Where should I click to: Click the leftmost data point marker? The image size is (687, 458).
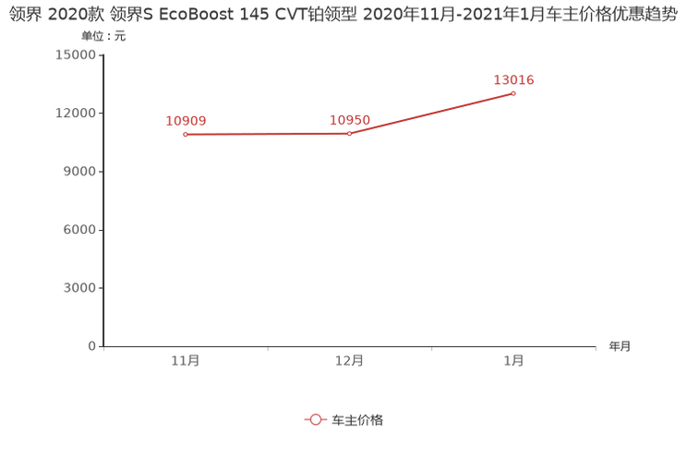[186, 135]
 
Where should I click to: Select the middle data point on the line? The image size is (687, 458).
[349, 135]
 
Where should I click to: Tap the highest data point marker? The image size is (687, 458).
[513, 93]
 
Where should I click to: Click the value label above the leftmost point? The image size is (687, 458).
[186, 121]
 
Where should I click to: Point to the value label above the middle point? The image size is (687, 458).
[350, 121]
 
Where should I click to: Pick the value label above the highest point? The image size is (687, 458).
[513, 79]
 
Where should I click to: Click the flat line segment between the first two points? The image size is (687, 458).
[268, 135]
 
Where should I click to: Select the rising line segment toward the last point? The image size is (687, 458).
[431, 114]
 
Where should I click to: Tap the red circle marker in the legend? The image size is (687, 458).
[316, 419]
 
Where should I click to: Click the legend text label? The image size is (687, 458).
[357, 419]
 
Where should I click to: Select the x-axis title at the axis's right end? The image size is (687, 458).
[620, 347]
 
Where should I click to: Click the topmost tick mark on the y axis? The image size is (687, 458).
[101, 54]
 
